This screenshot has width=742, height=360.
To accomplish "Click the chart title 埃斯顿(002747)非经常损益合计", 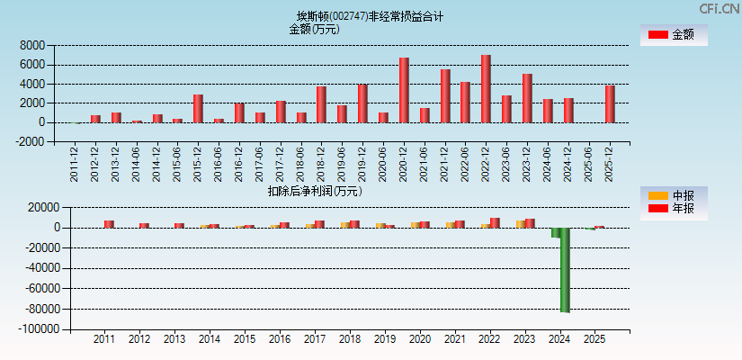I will point(370,16).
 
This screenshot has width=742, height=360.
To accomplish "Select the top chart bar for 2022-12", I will point(487,88).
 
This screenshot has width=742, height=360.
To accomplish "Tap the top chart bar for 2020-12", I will point(405,90).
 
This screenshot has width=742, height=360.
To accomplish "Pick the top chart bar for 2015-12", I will point(198,108).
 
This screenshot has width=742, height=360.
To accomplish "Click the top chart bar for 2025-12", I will point(610,103).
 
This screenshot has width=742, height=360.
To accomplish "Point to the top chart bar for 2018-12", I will point(321,104).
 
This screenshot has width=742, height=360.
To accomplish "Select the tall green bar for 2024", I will point(565,270).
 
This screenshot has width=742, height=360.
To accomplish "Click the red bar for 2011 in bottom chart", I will point(109,224).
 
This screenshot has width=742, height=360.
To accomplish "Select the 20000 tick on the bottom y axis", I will point(43,207).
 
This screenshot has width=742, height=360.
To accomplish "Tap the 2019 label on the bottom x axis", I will point(385,339).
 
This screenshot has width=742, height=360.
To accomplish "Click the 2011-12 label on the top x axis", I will point(75,165).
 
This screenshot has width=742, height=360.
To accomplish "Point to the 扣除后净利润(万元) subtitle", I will point(315,191).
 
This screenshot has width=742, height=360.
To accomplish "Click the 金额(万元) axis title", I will point(314,29).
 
